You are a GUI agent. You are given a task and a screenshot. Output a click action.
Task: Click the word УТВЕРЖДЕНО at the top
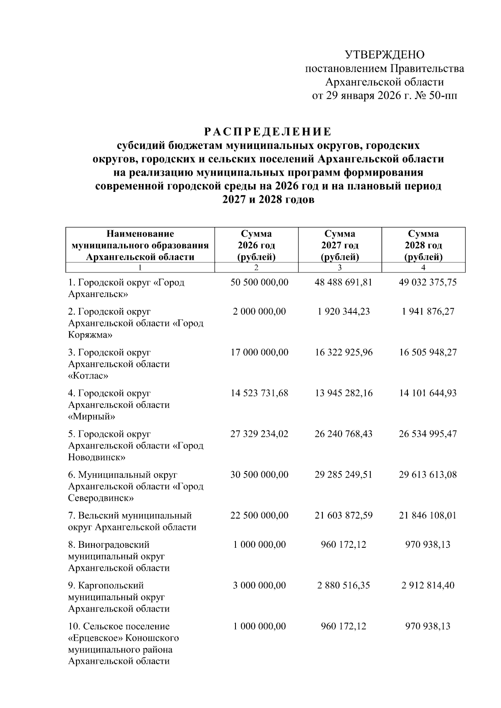tap(384, 55)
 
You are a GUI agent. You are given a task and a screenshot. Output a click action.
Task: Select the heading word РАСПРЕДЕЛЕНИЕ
tap(268, 132)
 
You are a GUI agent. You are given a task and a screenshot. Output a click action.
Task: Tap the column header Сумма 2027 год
tap(340, 245)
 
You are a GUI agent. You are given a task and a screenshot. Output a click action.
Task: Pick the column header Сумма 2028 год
tap(423, 245)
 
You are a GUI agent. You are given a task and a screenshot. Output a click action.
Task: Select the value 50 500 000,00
tap(259, 282)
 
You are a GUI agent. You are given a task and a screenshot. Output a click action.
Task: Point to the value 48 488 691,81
tap(343, 282)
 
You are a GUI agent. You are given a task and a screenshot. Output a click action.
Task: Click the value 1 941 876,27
tap(428, 312)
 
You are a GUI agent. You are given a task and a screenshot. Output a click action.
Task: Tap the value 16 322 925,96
tap(343, 353)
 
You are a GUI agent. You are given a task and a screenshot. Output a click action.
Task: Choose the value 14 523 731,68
tap(259, 393)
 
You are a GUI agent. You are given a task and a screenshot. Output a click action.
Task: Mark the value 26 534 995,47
tap(428, 434)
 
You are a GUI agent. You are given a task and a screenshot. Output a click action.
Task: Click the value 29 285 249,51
tap(343, 475)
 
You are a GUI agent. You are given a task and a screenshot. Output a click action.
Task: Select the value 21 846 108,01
tap(428, 515)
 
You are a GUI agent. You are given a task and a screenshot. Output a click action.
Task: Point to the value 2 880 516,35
tap(343, 585)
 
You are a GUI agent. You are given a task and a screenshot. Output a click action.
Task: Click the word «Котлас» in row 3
tap(88, 376)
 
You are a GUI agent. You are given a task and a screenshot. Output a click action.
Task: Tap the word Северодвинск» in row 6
tap(101, 498)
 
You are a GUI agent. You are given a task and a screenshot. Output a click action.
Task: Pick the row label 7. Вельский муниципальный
tap(130, 516)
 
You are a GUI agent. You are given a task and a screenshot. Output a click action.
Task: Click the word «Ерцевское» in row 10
tap(93, 638)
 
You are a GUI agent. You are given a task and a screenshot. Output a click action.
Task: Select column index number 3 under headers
tap(340, 268)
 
